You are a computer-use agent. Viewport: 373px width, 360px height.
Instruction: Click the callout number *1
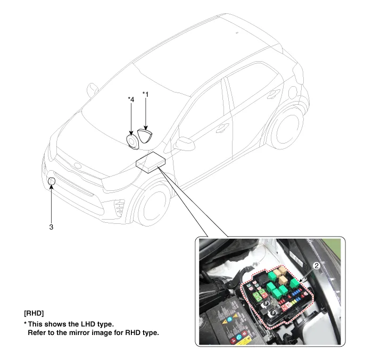pos(145,95)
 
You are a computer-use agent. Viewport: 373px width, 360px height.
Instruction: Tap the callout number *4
pos(131,99)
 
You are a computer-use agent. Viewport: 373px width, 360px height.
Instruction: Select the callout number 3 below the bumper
pos(51,227)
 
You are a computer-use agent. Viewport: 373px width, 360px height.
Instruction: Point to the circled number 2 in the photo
pos(317,265)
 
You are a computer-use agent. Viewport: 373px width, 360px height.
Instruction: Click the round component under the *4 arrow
pos(132,141)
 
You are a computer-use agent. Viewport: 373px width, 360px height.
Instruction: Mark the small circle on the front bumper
pos(52,181)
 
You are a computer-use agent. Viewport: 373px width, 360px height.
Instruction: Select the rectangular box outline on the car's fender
pos(151,163)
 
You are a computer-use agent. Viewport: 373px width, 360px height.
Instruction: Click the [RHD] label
pos(34,313)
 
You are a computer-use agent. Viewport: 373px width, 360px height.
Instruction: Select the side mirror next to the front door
pos(185,144)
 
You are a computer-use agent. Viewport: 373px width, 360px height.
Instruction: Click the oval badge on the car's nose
pos(77,165)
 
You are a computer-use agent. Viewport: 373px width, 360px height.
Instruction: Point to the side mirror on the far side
pos(92,90)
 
